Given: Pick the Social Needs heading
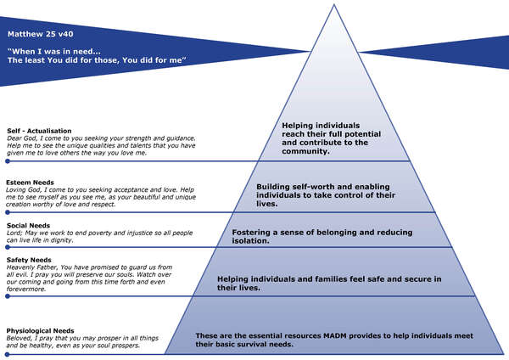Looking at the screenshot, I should pyautogui.click(x=29, y=225).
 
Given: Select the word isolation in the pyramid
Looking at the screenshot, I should pyautogui.click(x=250, y=240).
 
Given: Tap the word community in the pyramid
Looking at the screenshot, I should pyautogui.click(x=307, y=152).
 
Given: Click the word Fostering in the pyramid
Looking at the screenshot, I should pyautogui.click(x=252, y=230).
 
